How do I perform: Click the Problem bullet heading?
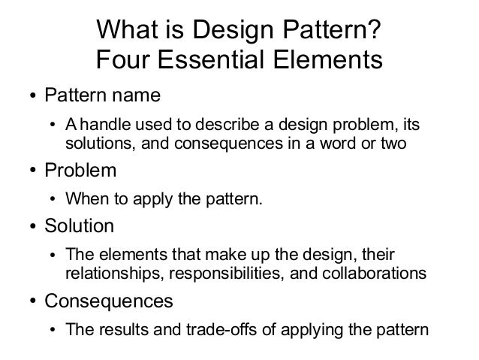click(80, 171)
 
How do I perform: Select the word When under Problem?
click(84, 199)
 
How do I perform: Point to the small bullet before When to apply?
click(53, 200)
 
